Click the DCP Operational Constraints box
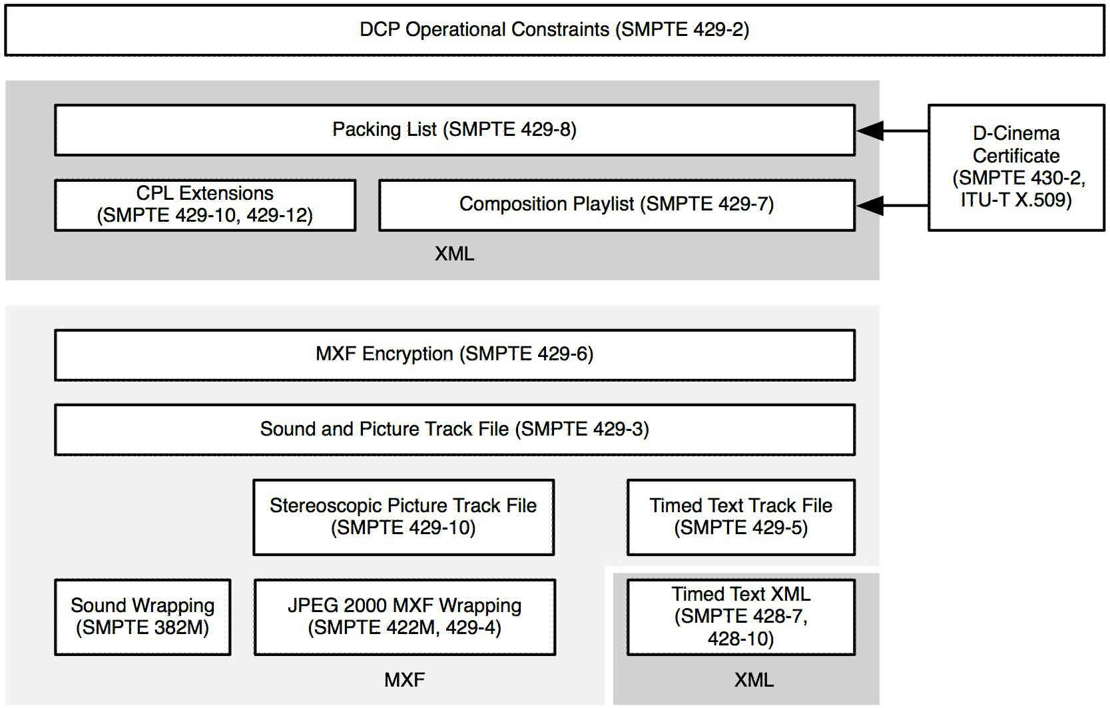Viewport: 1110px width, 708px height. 554,30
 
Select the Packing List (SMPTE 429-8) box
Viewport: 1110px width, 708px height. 454,130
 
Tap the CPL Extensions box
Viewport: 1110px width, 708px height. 204,204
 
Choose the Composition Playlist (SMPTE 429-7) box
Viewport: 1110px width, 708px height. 616,204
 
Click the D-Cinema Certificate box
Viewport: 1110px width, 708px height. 1015,167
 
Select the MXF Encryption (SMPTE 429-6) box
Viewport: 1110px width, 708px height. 454,354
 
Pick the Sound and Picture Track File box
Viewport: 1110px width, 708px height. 454,430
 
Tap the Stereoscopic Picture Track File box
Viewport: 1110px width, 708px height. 403,517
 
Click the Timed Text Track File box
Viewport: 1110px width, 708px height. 740,517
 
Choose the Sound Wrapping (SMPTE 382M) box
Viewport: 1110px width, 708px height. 142,617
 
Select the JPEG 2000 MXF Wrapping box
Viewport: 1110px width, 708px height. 404,617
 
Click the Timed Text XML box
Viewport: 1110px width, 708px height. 740,617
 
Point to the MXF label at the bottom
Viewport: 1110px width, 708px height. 404,680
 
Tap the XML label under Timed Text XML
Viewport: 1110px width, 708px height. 754,680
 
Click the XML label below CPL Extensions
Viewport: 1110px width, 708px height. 454,254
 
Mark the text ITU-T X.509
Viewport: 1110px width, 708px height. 1015,200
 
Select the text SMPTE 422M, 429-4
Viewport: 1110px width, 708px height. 404,628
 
